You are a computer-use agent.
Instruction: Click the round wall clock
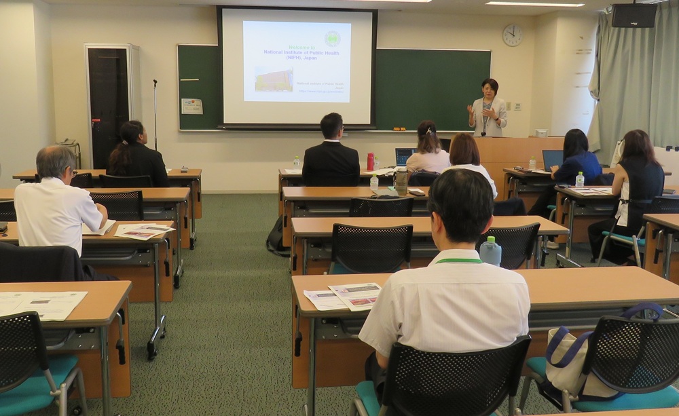pyautogui.click(x=512, y=35)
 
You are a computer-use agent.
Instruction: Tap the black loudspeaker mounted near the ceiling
pyautogui.click(x=634, y=15)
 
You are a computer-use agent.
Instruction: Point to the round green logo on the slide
pyautogui.click(x=332, y=38)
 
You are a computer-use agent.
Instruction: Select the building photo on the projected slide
pyautogui.click(x=274, y=79)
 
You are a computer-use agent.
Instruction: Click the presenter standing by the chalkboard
pyautogui.click(x=488, y=109)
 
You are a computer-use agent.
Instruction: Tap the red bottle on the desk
pyautogui.click(x=370, y=162)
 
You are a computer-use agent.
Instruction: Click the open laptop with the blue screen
pyautogui.click(x=405, y=157)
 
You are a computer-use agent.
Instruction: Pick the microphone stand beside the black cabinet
pyautogui.click(x=155, y=115)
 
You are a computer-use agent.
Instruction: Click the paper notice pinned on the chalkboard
pyautogui.click(x=191, y=106)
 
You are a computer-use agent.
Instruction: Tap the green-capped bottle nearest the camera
pyautogui.click(x=490, y=251)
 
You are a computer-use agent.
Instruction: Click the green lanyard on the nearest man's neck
pyautogui.click(x=458, y=261)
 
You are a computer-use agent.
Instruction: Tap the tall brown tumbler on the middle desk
pyautogui.click(x=401, y=181)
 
